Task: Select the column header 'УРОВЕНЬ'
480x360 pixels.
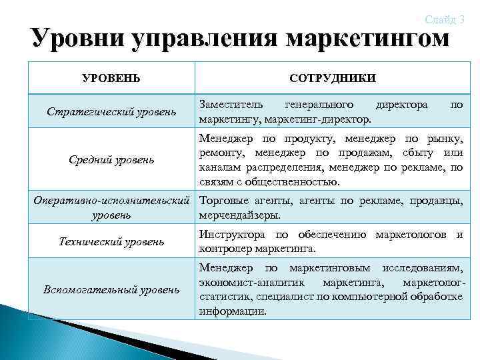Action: pos(111,78)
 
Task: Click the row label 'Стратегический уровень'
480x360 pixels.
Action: pos(111,111)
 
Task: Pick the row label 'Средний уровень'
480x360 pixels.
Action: pos(111,159)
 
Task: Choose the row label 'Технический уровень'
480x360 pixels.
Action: pos(111,241)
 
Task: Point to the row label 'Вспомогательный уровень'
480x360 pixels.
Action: pos(111,289)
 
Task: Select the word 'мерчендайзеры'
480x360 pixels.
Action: pos(239,215)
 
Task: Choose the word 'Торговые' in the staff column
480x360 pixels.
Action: pos(225,201)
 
